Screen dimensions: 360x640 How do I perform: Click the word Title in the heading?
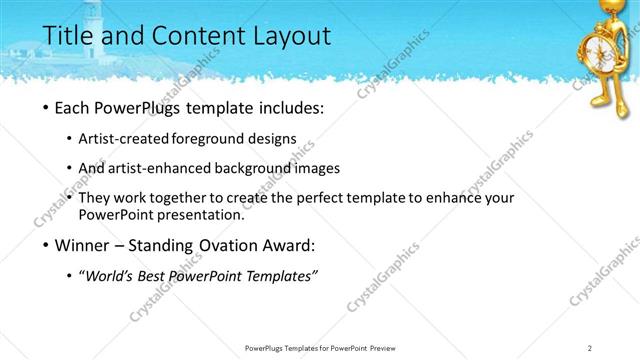point(70,37)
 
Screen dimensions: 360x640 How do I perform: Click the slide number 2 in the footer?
point(590,347)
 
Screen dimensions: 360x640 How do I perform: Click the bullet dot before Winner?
point(49,245)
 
